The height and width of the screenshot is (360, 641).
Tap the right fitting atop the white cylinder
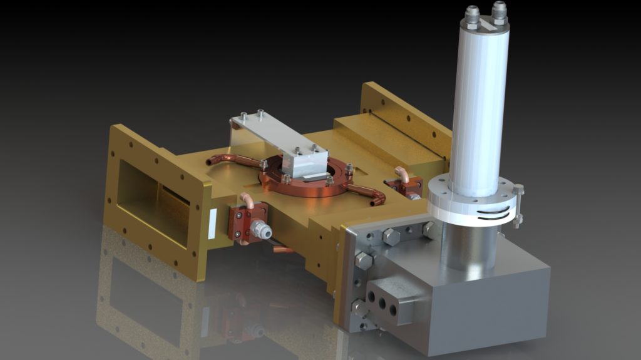[x=499, y=10]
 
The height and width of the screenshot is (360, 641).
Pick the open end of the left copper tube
[x=210, y=162]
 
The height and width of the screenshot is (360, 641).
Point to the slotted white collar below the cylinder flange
[x=476, y=213]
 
